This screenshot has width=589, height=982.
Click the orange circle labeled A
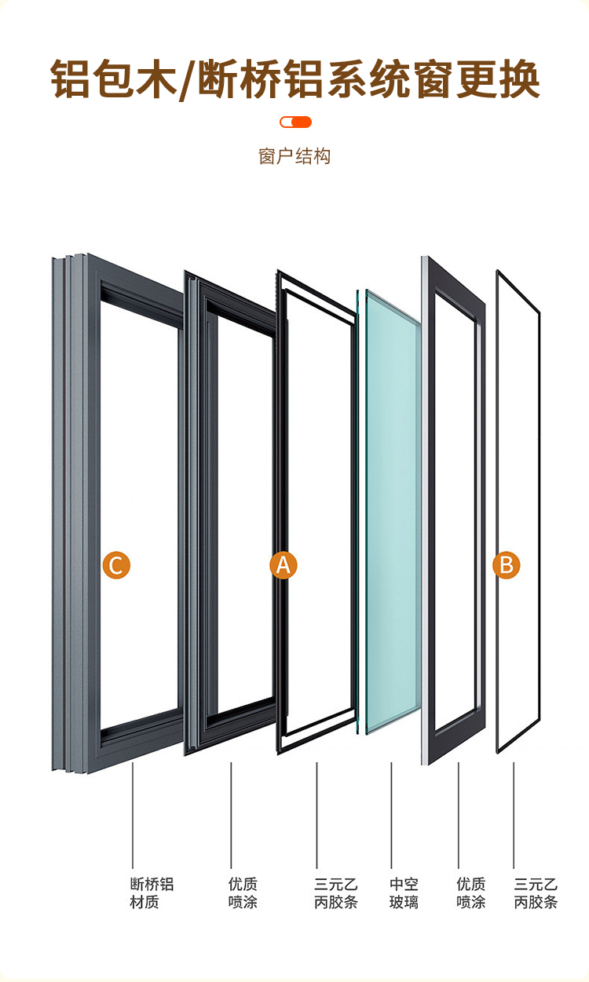click(284, 564)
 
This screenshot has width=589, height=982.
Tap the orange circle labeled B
click(506, 564)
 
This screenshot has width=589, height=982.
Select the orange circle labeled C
click(116, 564)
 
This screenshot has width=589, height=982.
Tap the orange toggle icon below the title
click(295, 122)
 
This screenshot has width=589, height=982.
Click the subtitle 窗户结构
click(294, 156)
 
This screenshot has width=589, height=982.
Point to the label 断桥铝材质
click(152, 893)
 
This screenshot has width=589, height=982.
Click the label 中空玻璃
click(404, 893)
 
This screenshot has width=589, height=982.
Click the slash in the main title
click(188, 80)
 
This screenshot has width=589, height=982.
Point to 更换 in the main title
click(498, 79)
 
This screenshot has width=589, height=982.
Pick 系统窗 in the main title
click(390, 79)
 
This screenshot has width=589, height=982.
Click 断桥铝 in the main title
click(261, 79)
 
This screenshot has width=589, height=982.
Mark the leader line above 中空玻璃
click(391, 816)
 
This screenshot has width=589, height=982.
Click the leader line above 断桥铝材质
click(133, 816)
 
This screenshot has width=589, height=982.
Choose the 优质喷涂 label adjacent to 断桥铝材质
click(243, 893)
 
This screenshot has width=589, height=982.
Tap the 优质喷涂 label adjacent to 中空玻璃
click(470, 893)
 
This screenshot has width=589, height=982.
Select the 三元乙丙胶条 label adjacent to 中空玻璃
click(336, 893)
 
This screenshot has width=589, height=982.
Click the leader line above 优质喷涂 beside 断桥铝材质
click(231, 816)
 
